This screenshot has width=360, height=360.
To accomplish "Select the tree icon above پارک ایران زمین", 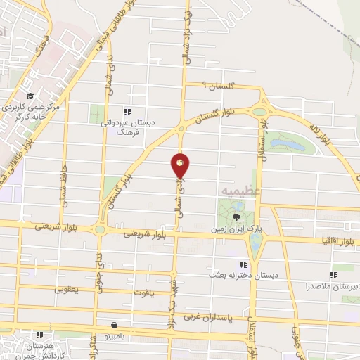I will click(x=237, y=217).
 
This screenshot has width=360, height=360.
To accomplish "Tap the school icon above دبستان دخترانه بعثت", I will click(x=243, y=264).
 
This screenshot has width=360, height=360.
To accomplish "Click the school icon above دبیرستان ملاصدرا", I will click(x=333, y=276).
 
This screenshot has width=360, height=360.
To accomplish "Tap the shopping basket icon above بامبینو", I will click(x=114, y=326).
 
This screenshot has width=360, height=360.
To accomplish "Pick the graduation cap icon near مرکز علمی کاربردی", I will click(x=30, y=96).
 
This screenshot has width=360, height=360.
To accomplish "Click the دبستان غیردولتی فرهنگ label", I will click(x=127, y=127).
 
